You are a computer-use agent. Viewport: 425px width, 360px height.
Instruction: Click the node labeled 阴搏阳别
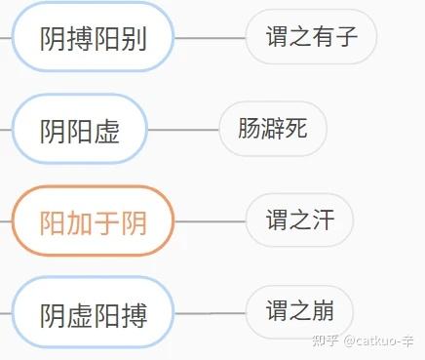point(93,38)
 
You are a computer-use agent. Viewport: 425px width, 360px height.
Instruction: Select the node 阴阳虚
point(79,130)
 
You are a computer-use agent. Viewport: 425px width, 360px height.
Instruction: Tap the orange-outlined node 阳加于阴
point(93,221)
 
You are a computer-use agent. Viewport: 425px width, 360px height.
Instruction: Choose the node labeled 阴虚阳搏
point(93,313)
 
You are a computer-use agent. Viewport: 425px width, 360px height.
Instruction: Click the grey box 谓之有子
point(311,38)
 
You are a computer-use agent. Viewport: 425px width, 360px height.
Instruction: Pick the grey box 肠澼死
point(272,129)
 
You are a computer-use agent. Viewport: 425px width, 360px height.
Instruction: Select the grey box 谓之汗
point(299,220)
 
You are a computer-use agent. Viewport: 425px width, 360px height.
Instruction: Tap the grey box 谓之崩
point(299,312)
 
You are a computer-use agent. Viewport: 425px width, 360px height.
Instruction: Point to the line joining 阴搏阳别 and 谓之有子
point(210,38)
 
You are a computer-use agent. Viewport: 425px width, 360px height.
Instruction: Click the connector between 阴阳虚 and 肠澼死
point(183,130)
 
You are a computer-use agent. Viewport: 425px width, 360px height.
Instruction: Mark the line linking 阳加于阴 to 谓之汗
point(210,221)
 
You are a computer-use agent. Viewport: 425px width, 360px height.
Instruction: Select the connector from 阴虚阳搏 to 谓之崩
point(210,313)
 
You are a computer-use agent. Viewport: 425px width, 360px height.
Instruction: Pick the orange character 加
point(80,222)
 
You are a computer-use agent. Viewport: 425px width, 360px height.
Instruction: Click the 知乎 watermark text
point(324,340)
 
